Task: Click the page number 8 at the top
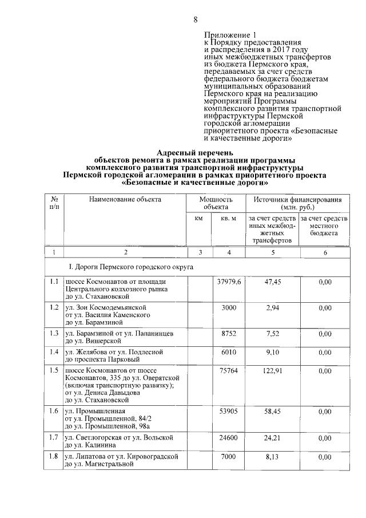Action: [x=195, y=19]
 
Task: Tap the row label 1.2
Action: [x=54, y=308]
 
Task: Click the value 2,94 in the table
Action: [x=273, y=308]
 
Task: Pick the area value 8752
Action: [x=229, y=333]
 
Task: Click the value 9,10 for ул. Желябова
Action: [x=273, y=351]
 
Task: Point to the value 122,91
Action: [x=273, y=370]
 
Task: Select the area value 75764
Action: [x=229, y=370]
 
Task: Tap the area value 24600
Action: [x=229, y=438]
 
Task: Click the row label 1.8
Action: [x=54, y=456]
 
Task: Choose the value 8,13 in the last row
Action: [x=273, y=456]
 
